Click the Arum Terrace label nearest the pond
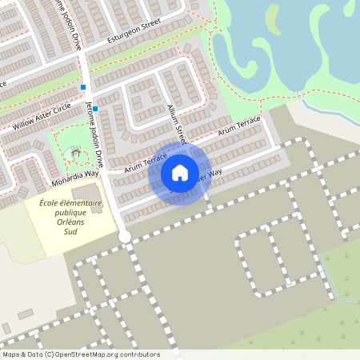pos(239,124)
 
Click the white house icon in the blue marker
pos(180,173)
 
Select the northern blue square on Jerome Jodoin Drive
pos(82,86)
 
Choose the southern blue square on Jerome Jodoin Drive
pos(94,108)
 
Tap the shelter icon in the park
pos(74,150)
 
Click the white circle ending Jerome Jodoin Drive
pos(124,236)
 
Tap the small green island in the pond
pos(273,22)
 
